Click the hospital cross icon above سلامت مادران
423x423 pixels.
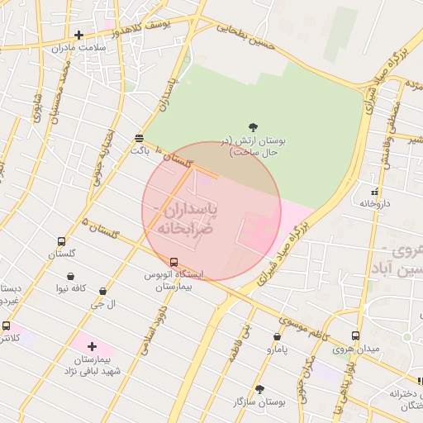(78, 35)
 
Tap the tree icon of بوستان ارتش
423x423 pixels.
(253, 127)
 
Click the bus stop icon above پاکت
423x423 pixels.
(139, 138)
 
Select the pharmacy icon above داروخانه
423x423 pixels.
(375, 192)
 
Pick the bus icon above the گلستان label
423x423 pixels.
(61, 242)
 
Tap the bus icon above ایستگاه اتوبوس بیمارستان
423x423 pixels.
(173, 262)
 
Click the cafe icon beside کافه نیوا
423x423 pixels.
(71, 276)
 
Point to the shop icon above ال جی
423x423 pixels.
(102, 292)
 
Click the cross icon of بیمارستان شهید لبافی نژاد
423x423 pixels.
(91, 346)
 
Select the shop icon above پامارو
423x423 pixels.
(276, 337)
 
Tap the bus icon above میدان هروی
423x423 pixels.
(355, 336)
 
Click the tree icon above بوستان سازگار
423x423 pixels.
(259, 388)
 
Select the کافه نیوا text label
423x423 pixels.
(72, 288)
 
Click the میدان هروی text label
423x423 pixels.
(356, 349)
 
